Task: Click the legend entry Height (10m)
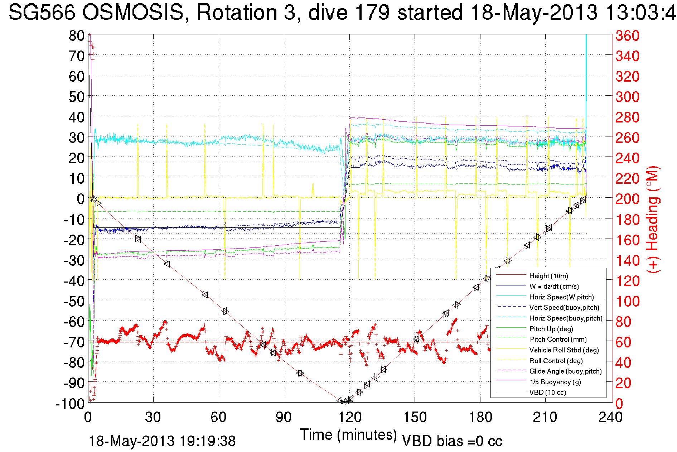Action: coord(548,276)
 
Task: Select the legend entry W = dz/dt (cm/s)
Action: coord(554,287)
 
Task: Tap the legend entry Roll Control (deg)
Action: coord(556,361)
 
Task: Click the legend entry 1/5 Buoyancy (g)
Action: coord(555,382)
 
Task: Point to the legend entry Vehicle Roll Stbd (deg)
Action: coord(564,350)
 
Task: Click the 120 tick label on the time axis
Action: coord(349,417)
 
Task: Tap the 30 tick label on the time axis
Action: coord(153,417)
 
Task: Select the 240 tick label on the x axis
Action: coord(610,417)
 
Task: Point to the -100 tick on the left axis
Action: coord(70,404)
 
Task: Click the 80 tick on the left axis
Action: coord(76,35)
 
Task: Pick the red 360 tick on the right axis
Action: coord(627,35)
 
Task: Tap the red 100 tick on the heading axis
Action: coord(627,301)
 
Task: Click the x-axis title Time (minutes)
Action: coord(348,435)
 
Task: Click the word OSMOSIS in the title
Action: coord(132,13)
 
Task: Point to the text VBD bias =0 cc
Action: coord(452,441)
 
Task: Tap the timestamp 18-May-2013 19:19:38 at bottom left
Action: coord(162,441)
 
